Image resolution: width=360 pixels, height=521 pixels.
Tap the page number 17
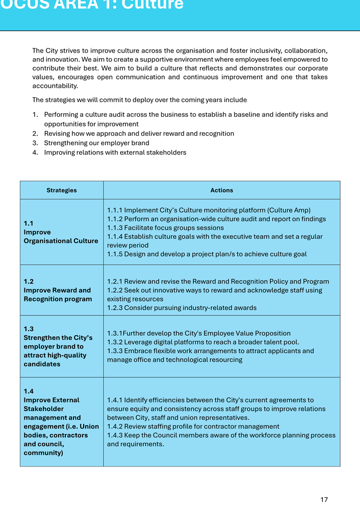324,500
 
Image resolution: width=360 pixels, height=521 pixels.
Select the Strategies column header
62,190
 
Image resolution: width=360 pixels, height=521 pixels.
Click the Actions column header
221,190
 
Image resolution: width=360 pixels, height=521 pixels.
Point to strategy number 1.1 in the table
29,224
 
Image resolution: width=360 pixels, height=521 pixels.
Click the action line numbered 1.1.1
209,210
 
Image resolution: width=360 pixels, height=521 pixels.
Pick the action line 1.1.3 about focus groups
165,228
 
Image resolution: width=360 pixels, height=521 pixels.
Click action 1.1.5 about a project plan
207,254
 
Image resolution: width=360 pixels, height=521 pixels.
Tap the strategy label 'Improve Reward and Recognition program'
58,294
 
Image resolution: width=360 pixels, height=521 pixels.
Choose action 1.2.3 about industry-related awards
182,308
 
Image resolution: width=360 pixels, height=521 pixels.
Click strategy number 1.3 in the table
29,329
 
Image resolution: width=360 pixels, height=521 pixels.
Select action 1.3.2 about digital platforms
203,342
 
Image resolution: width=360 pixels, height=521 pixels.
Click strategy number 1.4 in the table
29,391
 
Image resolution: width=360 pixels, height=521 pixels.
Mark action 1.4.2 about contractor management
193,427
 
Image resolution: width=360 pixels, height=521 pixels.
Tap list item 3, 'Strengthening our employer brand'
96,143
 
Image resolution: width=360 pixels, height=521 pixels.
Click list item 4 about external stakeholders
115,152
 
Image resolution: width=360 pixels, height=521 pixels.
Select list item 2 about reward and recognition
139,134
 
